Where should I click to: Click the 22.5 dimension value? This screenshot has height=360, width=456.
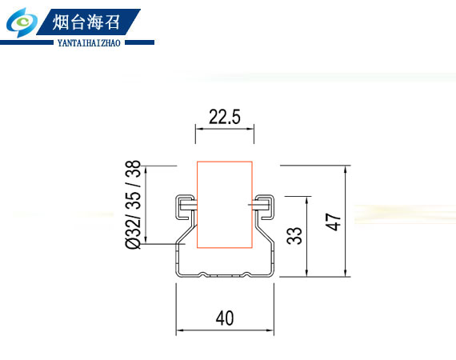pos(225,117)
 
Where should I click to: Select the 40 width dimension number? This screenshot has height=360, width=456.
pos(225,318)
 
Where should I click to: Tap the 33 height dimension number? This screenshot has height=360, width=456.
pos(294,235)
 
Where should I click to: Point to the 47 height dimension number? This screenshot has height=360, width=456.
pos(333,222)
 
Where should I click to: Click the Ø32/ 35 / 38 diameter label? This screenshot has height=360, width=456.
pos(133,205)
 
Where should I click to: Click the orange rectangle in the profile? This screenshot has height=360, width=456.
pos(225,205)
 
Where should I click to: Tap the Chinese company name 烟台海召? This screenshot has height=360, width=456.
pos(86,22)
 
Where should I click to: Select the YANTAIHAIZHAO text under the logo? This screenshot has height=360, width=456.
pos(89,43)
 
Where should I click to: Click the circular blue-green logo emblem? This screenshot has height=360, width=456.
pos(22,22)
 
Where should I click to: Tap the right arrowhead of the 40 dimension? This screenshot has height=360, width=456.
pos(270,330)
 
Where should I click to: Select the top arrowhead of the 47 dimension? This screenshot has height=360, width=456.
pos(346,170)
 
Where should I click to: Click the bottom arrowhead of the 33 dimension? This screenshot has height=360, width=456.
pos(307,273)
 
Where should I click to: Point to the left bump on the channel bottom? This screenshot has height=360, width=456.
pos(203,274)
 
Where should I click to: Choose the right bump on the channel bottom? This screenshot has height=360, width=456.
pos(247,274)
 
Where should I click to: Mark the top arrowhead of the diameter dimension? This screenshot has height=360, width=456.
pos(146,170)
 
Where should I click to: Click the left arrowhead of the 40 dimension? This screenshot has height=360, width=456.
pos(180,330)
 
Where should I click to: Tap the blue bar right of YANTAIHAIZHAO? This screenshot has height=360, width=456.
pos(139,42)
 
